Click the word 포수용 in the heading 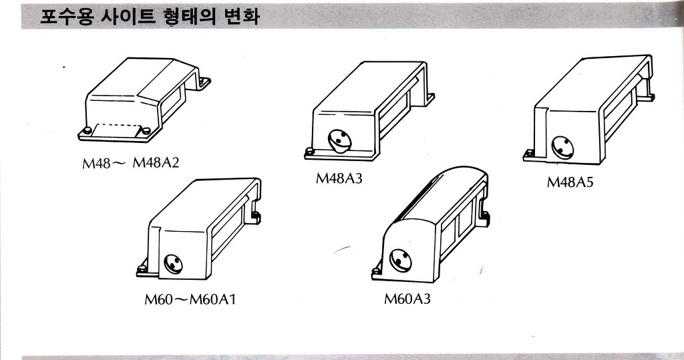click(x=65, y=16)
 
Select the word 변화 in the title click(x=240, y=16)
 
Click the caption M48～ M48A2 click(x=131, y=163)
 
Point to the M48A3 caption click(x=339, y=178)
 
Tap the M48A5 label click(x=570, y=182)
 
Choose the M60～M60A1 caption click(x=190, y=299)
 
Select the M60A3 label click(x=407, y=299)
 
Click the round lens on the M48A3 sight click(x=340, y=140)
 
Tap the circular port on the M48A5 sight click(x=562, y=147)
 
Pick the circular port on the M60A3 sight click(x=399, y=259)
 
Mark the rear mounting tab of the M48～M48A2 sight click(x=203, y=81)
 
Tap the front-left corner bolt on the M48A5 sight click(x=530, y=153)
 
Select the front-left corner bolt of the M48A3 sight click(x=310, y=151)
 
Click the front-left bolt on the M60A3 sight click(x=376, y=271)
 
